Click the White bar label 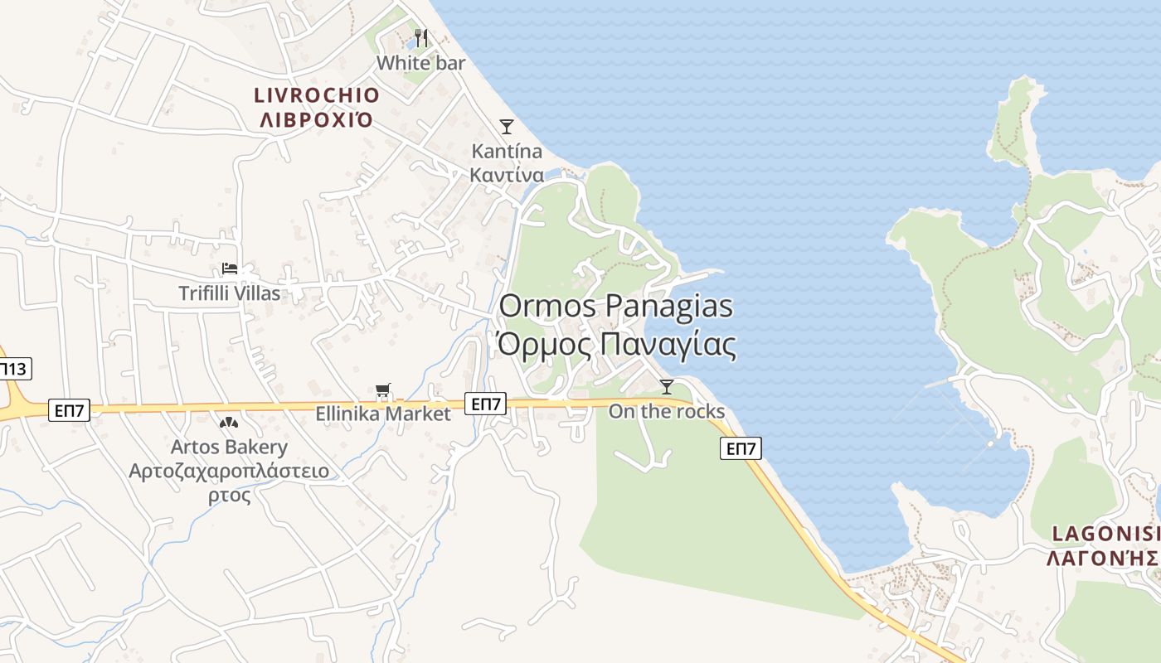pyautogui.click(x=420, y=63)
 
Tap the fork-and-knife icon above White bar pyautogui.click(x=421, y=37)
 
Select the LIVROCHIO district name pyautogui.click(x=316, y=95)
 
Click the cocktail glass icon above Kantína pyautogui.click(x=506, y=126)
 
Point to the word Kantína pyautogui.click(x=507, y=152)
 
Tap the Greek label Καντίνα pyautogui.click(x=507, y=175)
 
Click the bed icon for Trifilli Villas pyautogui.click(x=230, y=269)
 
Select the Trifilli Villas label pyautogui.click(x=230, y=293)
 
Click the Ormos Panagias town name pyautogui.click(x=616, y=306)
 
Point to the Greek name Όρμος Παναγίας pyautogui.click(x=616, y=344)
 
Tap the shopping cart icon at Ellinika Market pyautogui.click(x=382, y=390)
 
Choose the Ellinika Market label pyautogui.click(x=383, y=414)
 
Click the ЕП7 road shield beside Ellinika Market pyautogui.click(x=485, y=404)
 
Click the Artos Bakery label pyautogui.click(x=229, y=448)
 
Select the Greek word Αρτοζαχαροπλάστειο pyautogui.click(x=229, y=472)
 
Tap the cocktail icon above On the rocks pyautogui.click(x=666, y=386)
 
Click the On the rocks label pyautogui.click(x=667, y=412)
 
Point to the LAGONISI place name pyautogui.click(x=1105, y=534)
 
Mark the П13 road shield pyautogui.click(x=14, y=369)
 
